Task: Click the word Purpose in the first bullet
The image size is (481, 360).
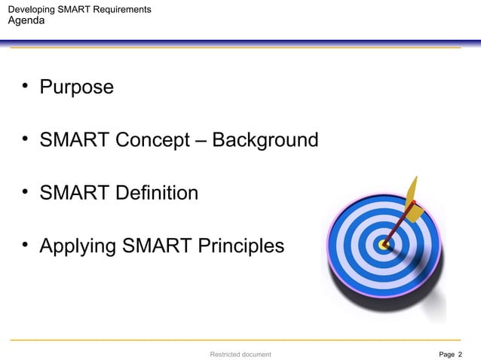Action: (76, 87)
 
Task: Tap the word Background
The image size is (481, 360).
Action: (265, 140)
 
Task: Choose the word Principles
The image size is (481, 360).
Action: (240, 246)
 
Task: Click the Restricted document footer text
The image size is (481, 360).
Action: (240, 353)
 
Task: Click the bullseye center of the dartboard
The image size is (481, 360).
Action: (384, 245)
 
